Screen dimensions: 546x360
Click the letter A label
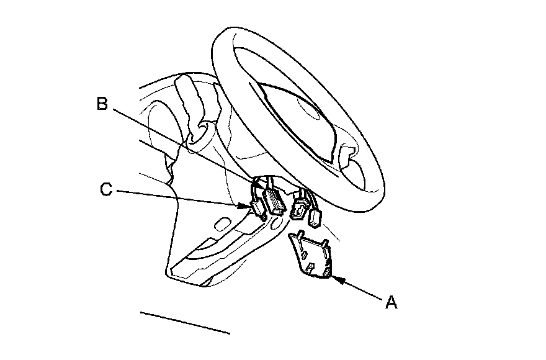[391, 302]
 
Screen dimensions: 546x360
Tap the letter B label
[103, 104]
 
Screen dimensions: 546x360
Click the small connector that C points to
[256, 208]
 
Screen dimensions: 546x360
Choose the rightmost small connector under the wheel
[315, 217]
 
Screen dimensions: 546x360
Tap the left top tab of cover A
[300, 235]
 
